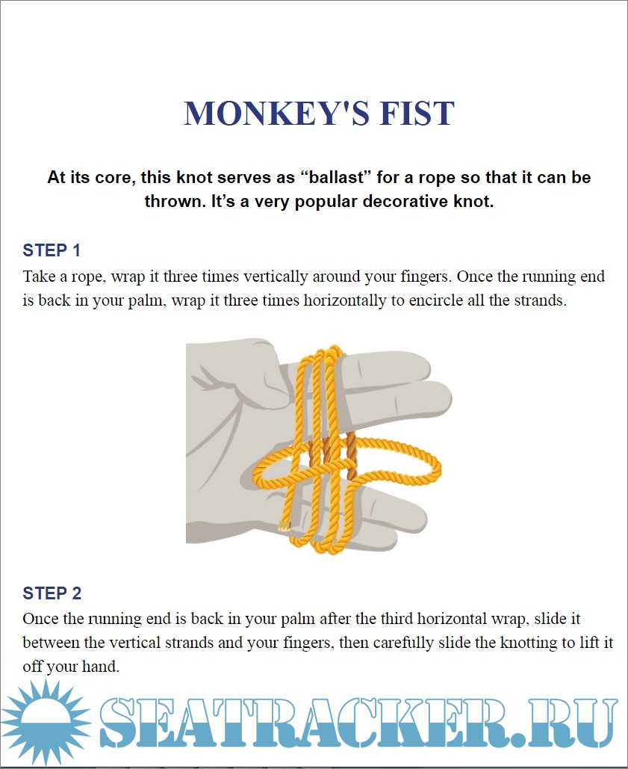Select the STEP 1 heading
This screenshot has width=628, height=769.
pyautogui.click(x=52, y=250)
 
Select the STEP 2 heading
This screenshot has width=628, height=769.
pyautogui.click(x=52, y=593)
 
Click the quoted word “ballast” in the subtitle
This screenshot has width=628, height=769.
pyautogui.click(x=336, y=178)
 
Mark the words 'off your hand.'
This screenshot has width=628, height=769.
pyautogui.click(x=71, y=667)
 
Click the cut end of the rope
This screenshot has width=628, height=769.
pyautogui.click(x=284, y=528)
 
